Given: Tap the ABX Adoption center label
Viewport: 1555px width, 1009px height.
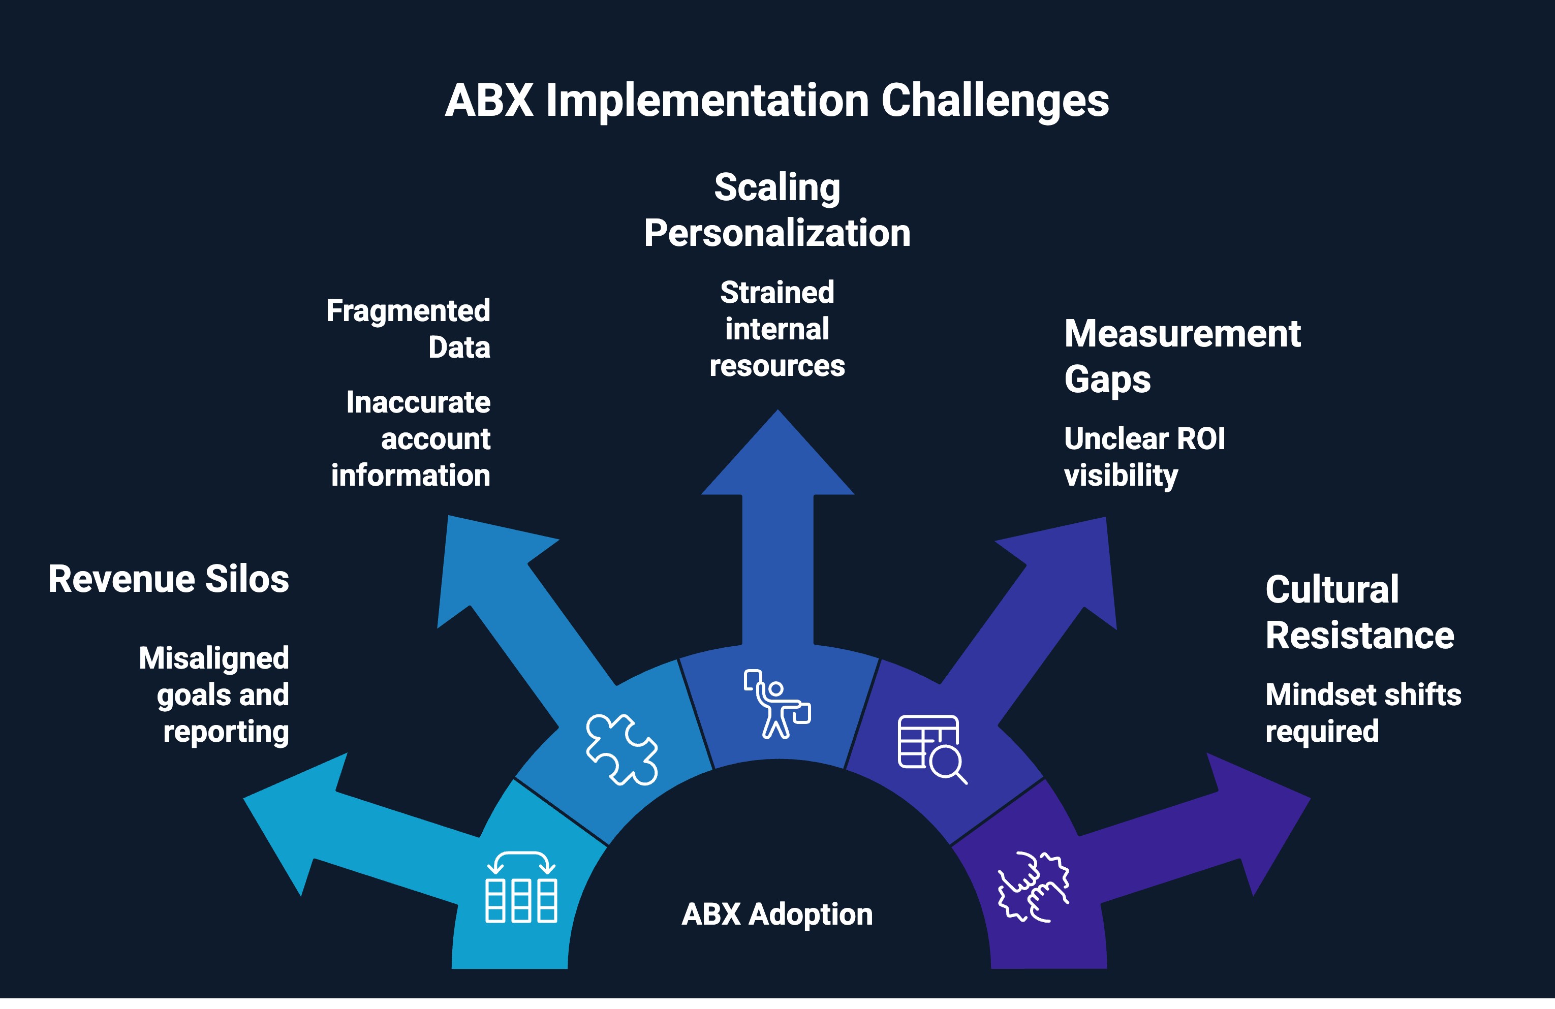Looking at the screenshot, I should coord(777,913).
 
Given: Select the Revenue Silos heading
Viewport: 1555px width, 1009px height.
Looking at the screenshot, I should coord(169,579).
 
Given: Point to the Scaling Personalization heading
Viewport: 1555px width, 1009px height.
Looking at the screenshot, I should coord(777,210).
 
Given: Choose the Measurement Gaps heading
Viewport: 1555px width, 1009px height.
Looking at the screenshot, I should coord(1182,356).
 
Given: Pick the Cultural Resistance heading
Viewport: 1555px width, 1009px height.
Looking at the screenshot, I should coord(1359,612).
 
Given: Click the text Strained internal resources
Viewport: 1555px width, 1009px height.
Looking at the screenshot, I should coord(777,329).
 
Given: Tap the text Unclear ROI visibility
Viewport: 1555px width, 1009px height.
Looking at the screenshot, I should coord(1144,457).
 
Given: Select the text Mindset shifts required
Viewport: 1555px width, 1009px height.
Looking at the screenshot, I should coord(1363,712).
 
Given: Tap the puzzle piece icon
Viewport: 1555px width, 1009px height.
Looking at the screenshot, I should coord(621,749).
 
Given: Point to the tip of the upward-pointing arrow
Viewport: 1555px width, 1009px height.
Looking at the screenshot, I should coord(777,414).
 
